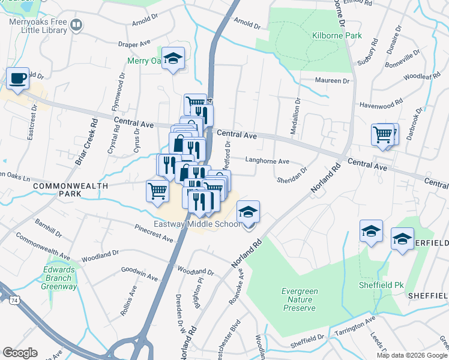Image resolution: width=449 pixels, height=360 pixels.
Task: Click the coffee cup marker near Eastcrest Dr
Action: point(17,78)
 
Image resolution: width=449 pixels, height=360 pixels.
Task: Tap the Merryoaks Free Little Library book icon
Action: point(76,25)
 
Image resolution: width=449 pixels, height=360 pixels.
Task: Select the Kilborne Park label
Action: point(337,36)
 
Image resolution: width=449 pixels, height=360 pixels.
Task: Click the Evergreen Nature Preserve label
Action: point(298,299)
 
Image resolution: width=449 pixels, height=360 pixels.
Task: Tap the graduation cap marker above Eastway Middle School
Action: point(248,212)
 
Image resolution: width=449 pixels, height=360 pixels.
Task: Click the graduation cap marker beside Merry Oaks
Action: point(173,58)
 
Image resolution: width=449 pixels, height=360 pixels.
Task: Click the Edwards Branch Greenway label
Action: point(59,278)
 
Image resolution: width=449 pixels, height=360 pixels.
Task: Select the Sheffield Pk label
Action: point(376,284)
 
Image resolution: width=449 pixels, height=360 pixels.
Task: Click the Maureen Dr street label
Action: point(332,81)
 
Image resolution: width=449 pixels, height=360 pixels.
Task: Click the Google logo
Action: point(20,352)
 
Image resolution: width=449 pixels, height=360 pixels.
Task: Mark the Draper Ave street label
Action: point(134,44)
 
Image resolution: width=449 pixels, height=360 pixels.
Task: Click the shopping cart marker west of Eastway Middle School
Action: point(157,191)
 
